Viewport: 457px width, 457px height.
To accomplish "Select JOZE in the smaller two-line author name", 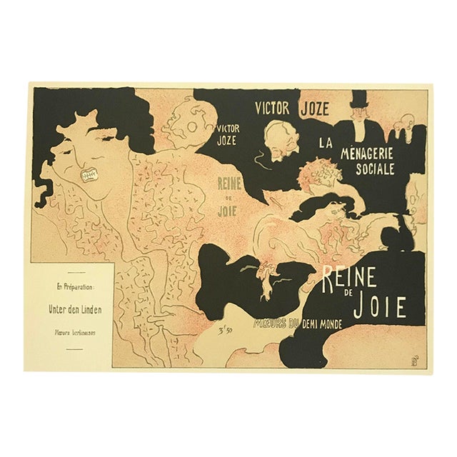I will (x=226, y=141).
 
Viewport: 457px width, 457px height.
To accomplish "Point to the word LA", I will (x=326, y=144).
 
